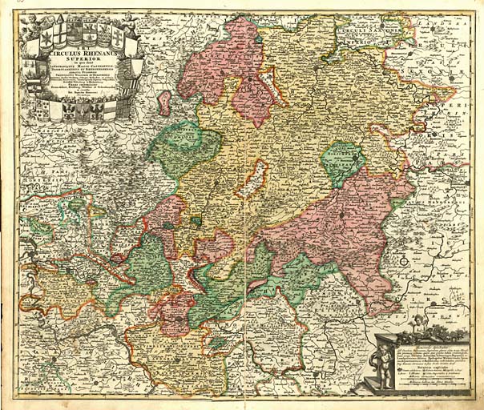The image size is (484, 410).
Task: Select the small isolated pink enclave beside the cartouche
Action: coord(164,103)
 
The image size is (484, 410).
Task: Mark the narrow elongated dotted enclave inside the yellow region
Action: coord(252,178)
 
